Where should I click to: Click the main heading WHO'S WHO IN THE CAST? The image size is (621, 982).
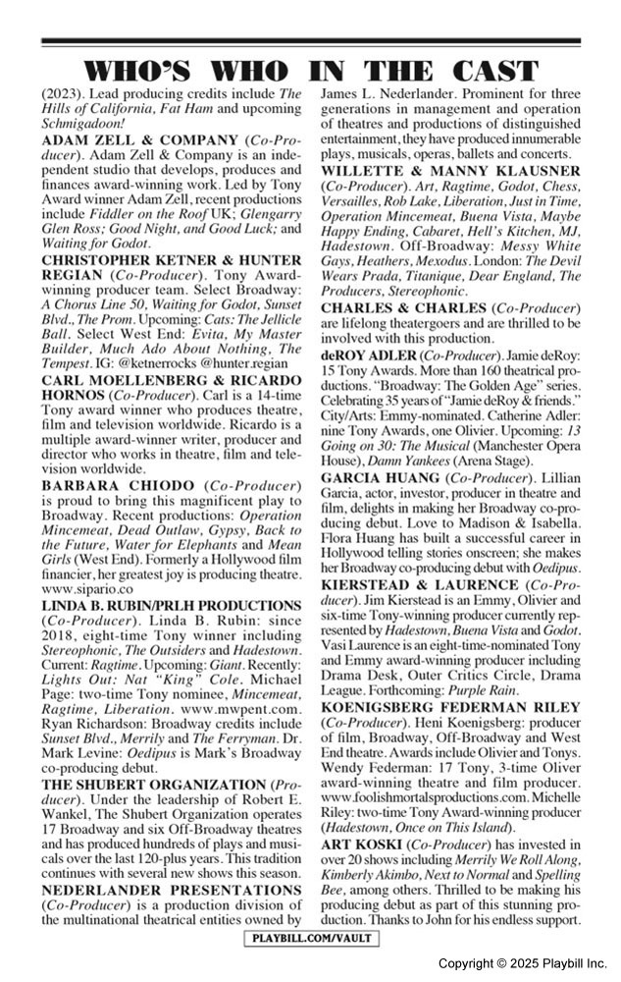[310, 71]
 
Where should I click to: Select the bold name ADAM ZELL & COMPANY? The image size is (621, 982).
[131, 140]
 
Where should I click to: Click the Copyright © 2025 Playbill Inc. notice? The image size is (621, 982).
[523, 963]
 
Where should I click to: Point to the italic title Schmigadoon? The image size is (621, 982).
[83, 126]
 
